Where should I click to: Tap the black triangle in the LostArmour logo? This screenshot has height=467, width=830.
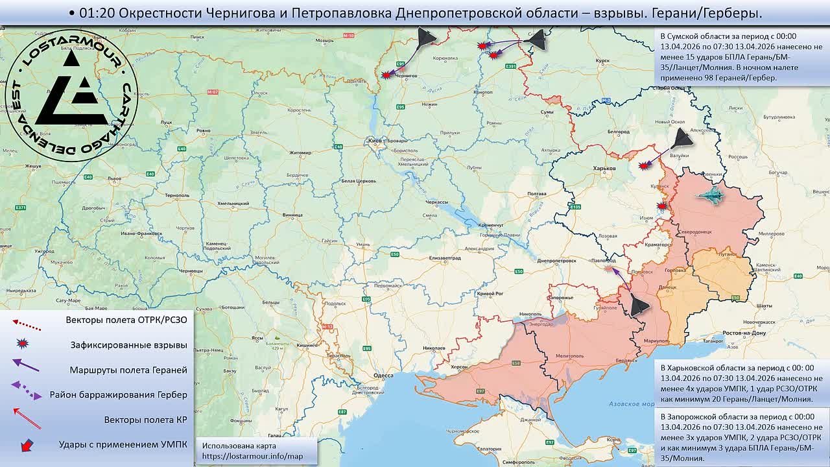[x=71, y=97]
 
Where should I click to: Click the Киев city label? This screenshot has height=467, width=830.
[x=375, y=140]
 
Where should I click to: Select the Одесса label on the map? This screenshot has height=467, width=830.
[x=384, y=376]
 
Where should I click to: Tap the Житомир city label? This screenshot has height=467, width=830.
[x=300, y=153]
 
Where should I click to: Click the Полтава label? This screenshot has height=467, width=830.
[x=537, y=194]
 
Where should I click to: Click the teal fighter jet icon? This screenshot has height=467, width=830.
[x=711, y=196]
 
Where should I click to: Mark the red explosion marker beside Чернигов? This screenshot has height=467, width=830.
[x=387, y=75]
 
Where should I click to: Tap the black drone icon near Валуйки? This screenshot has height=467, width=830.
[x=681, y=138]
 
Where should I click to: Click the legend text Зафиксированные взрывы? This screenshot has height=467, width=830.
[x=128, y=345]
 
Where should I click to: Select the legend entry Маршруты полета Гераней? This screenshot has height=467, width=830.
[x=128, y=370]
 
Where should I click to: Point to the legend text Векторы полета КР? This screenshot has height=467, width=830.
[x=145, y=420]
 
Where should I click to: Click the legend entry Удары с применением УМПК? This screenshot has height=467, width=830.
[x=123, y=444]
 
